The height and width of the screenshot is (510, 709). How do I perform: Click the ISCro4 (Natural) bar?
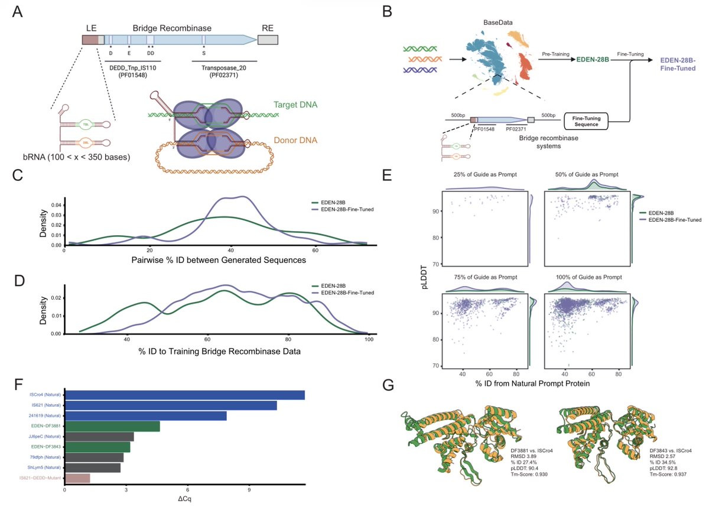(184, 395)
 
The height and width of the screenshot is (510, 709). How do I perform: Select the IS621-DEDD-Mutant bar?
(77, 477)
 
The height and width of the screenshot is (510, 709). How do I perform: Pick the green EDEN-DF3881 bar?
(112, 427)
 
